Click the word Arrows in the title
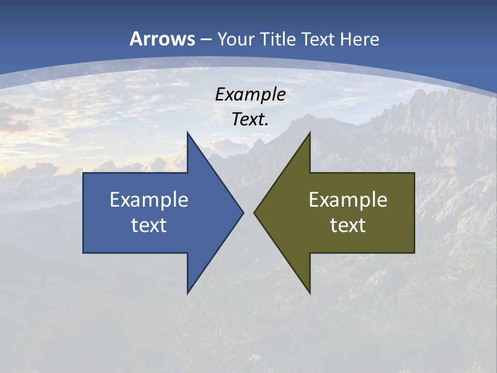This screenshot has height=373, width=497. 162,39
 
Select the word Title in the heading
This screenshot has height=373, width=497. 280,39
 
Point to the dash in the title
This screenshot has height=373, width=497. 206,40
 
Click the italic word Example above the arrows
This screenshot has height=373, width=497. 251,95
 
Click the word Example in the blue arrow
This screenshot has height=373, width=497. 149,200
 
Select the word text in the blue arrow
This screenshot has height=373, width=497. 149,225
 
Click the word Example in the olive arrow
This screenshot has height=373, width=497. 348,200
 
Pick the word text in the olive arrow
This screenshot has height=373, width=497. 348,225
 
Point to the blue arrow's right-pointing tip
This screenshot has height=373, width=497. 243,212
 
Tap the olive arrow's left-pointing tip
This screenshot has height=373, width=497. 254,212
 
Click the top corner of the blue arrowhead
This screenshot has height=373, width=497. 187,132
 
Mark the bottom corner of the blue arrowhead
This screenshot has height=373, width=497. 187,293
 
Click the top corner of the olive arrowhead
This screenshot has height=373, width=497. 310,132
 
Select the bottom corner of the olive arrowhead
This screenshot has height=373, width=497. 310,293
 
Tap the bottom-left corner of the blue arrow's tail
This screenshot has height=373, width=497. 83,253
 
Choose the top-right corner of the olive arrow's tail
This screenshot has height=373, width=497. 414,173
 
